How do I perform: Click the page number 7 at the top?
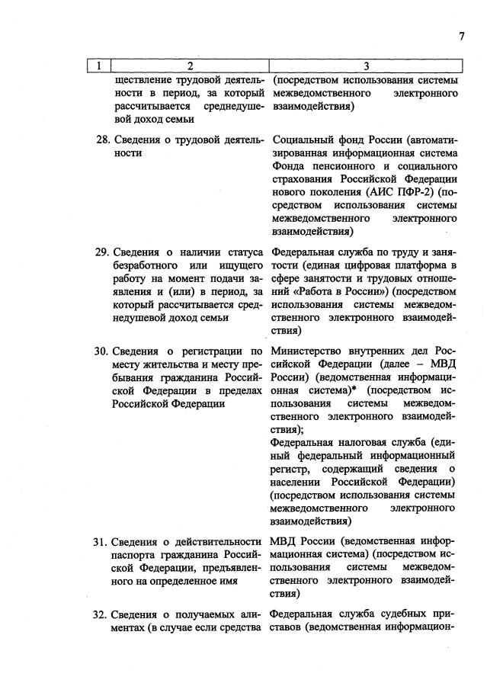(x=462, y=36)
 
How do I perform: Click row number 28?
(x=101, y=139)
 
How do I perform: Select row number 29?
(x=101, y=252)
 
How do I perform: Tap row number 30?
(x=101, y=351)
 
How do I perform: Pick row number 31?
(x=101, y=542)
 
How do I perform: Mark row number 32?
(x=101, y=615)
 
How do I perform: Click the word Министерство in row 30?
(x=308, y=351)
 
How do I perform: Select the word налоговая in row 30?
(x=360, y=442)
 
